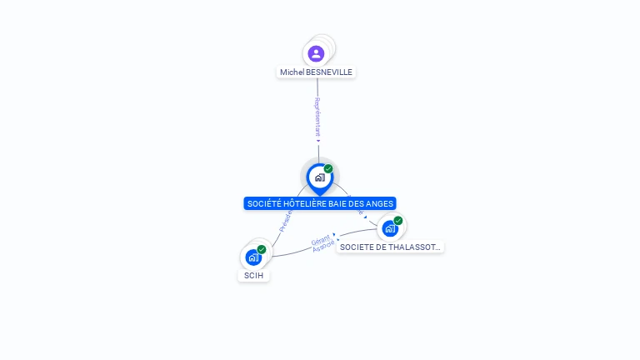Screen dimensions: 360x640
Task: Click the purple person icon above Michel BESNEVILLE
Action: point(316,54)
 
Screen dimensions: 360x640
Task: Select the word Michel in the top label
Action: point(292,72)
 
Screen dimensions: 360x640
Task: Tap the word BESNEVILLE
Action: point(329,72)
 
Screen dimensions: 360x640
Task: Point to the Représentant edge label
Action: point(317,116)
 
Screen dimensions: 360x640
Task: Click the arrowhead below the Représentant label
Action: point(318,141)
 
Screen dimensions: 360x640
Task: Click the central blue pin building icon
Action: point(319,177)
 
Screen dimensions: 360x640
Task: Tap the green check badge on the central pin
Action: point(328,168)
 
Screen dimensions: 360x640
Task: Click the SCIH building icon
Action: point(253,257)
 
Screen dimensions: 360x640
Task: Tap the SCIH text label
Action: point(254,276)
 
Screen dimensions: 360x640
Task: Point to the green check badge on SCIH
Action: point(262,249)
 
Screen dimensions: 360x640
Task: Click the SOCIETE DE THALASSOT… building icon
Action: point(389,228)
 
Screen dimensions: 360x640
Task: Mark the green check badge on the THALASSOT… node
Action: point(398,221)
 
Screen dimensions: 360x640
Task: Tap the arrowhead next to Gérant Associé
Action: point(335,235)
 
